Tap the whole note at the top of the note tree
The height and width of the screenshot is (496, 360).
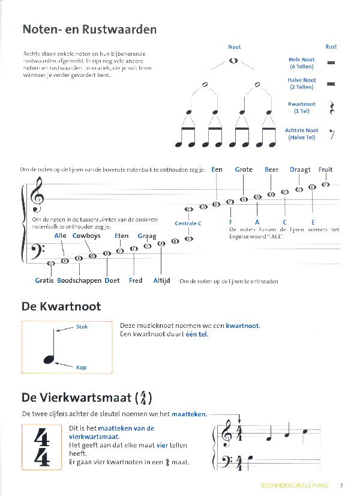click(x=233, y=60)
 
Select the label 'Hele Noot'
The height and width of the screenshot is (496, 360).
click(x=302, y=60)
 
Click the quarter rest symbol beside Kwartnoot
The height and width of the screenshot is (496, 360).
click(x=331, y=107)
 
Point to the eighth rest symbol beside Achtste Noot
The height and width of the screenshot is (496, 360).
click(x=331, y=134)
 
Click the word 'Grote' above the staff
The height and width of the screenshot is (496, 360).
click(x=244, y=169)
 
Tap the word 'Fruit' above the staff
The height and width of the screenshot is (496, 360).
click(x=325, y=169)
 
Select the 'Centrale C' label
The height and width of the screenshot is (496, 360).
click(x=188, y=223)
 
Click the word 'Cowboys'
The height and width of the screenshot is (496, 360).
click(x=87, y=236)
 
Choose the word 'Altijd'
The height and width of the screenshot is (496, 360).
click(x=162, y=280)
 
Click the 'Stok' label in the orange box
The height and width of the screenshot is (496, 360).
click(x=82, y=327)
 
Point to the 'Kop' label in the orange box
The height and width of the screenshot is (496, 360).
click(x=81, y=366)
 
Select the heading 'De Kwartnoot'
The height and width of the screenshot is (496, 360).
click(x=61, y=306)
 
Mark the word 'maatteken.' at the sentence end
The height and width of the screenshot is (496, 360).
click(x=189, y=414)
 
